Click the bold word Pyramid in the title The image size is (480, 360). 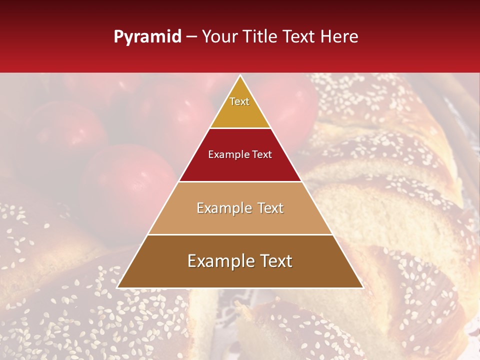pos(147,36)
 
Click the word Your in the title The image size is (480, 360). pos(219,36)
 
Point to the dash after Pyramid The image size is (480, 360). pos(191,36)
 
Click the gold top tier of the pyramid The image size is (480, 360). pos(240,112)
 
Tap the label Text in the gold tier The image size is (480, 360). pos(239,101)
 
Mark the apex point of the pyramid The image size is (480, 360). pos(240,75)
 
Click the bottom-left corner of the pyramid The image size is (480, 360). pos(117,287)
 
